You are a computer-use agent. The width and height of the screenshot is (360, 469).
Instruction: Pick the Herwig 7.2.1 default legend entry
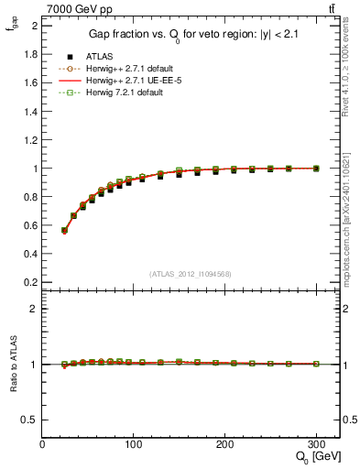pos(113,93)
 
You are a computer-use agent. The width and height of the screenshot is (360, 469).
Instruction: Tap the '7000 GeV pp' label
pos(73,8)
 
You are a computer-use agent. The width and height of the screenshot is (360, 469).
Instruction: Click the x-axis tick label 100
pos(134,444)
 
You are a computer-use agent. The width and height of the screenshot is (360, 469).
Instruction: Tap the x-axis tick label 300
pos(316,444)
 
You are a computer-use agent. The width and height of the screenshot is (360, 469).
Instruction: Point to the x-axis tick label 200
pos(224,444)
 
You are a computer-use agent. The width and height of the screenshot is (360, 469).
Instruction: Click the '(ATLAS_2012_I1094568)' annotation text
pos(189,274)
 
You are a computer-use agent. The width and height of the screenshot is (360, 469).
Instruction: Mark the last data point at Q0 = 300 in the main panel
pos(316,169)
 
